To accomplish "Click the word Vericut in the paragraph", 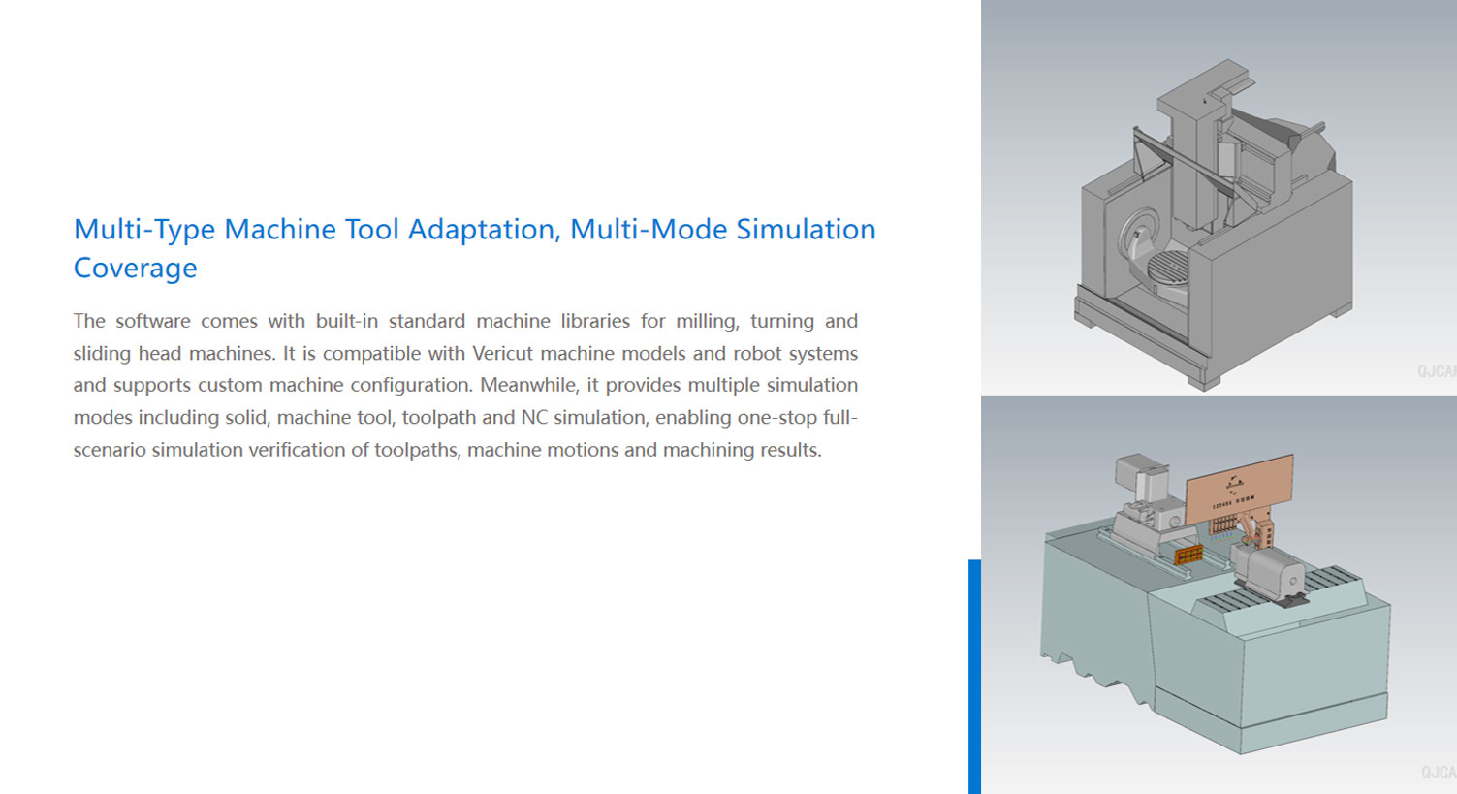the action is [503, 353].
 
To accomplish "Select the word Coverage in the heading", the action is [136, 268].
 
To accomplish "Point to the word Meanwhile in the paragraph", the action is [529, 385].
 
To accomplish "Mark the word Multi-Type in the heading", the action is [144, 230].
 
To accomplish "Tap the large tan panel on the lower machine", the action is [1239, 489].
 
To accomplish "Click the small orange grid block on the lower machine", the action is [1188, 554].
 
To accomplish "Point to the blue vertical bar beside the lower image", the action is [974, 677].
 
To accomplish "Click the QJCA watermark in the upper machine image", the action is [1437, 371].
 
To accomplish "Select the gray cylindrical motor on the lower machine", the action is [1269, 572].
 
